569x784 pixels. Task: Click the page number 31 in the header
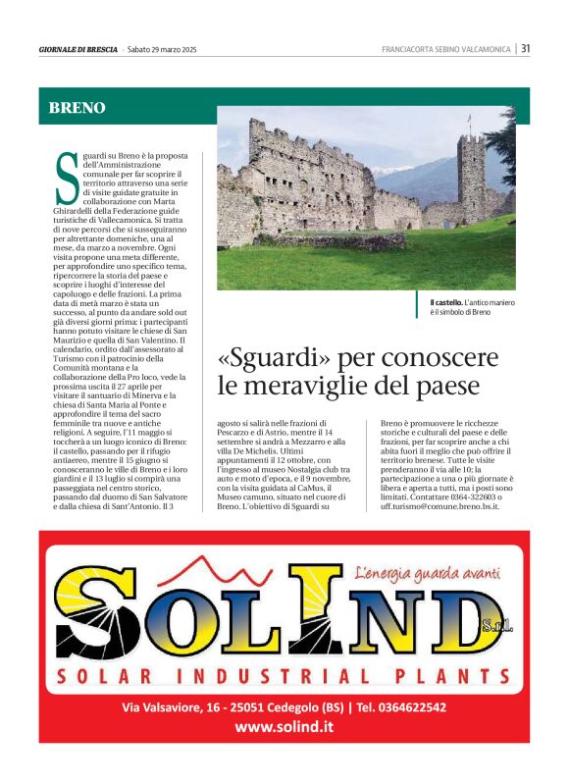click(x=526, y=48)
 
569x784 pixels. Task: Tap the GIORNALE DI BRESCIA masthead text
click(x=78, y=49)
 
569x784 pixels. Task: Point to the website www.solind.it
click(x=284, y=727)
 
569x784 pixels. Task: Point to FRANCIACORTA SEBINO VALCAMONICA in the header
click(x=446, y=49)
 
